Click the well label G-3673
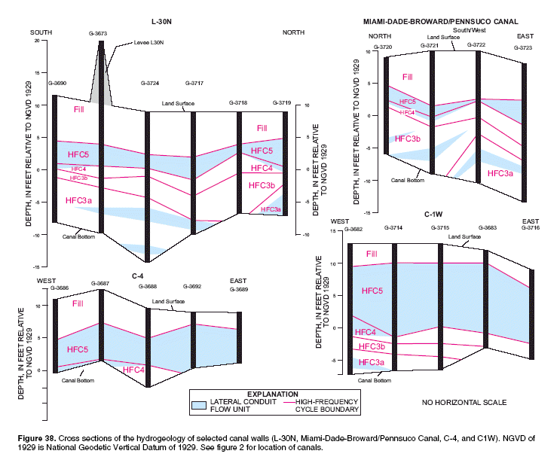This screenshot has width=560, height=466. (x=98, y=34)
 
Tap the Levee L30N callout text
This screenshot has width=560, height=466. (x=151, y=43)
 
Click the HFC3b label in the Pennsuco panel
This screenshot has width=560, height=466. (x=407, y=139)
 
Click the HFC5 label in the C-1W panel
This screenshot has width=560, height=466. (x=372, y=291)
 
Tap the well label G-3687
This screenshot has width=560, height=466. (x=100, y=283)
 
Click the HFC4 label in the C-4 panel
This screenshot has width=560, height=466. (x=134, y=370)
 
